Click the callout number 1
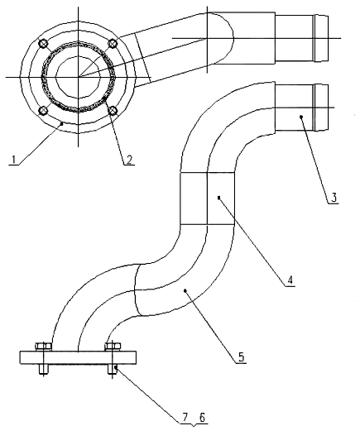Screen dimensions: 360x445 point(13,160)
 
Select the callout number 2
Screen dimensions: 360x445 point(129,160)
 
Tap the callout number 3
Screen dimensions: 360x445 point(334,197)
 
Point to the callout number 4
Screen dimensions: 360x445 point(290,280)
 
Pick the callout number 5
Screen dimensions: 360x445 point(241,356)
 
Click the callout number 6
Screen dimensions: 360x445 point(202,417)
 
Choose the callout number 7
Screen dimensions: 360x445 point(185,417)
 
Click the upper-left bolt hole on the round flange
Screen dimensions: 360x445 point(43,43)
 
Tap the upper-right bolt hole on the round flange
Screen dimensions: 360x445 point(113,43)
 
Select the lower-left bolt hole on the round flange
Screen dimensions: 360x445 point(43,111)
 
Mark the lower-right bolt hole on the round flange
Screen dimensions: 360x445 point(113,110)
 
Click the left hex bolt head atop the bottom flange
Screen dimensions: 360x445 point(43,347)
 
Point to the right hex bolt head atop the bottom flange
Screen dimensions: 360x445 point(113,347)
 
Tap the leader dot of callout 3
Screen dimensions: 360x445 point(301,117)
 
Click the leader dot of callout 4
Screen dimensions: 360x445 point(218,198)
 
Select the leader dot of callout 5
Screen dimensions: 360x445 point(185,290)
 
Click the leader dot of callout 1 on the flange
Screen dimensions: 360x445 point(62,123)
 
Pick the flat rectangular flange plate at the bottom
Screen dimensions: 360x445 point(78,357)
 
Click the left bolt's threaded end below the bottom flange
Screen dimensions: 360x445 point(43,369)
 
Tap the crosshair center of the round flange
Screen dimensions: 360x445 point(79,77)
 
